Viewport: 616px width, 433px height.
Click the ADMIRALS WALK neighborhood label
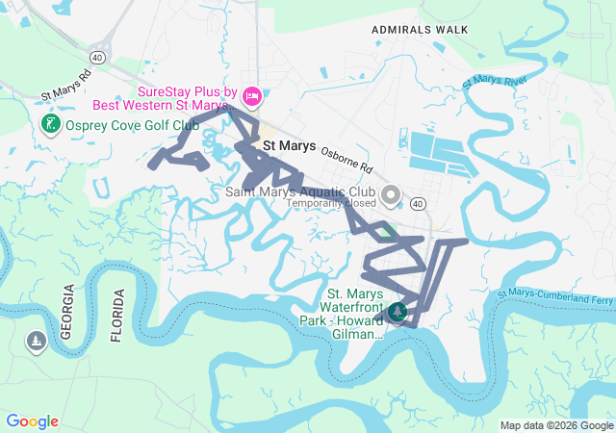coord(421,29)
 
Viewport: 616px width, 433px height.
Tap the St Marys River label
coord(495,80)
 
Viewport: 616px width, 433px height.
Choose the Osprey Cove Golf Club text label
coord(131,126)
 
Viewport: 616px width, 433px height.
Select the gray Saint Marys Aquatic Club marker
coord(390,196)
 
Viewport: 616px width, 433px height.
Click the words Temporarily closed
coord(330,203)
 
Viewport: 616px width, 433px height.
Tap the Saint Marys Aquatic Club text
coord(299,191)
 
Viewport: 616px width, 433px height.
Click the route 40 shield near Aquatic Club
coord(417,204)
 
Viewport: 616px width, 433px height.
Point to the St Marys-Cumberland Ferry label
coord(555,297)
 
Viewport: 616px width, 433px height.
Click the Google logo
coord(32,421)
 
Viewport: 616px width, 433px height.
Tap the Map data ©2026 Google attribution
coord(557,425)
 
